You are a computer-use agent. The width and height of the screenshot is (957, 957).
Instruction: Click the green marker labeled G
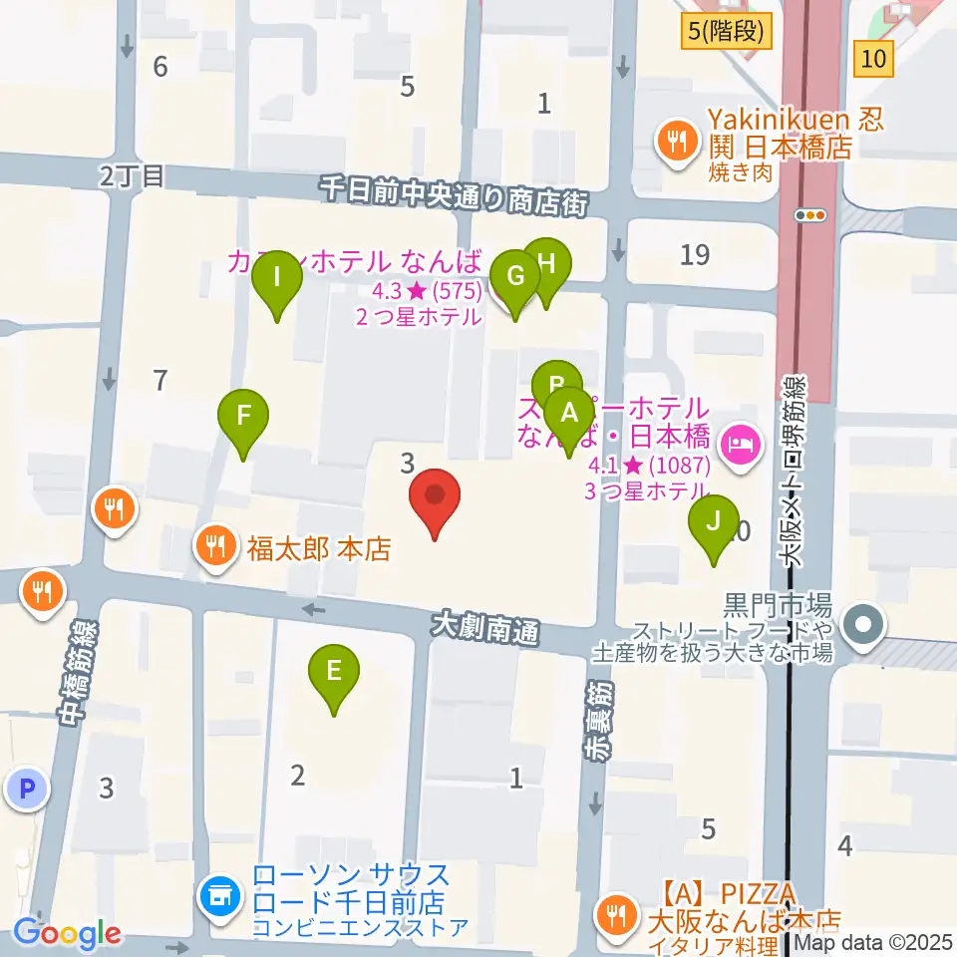pyautogui.click(x=515, y=276)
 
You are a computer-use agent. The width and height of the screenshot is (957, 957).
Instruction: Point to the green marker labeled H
pyautogui.click(x=546, y=265)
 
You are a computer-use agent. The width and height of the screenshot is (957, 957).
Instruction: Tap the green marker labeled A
pyautogui.click(x=570, y=414)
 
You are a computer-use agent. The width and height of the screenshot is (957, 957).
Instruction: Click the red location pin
pyautogui.click(x=436, y=496)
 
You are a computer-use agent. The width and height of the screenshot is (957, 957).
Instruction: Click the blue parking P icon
pyautogui.click(x=27, y=791)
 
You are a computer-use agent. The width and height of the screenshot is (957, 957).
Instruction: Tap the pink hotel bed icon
pyautogui.click(x=741, y=438)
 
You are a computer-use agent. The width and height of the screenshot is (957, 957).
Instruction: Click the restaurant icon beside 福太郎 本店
pyautogui.click(x=216, y=546)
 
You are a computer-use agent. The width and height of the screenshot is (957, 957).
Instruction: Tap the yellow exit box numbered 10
pyautogui.click(x=873, y=59)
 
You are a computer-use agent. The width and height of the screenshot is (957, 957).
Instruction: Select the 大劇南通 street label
pyautogui.click(x=484, y=627)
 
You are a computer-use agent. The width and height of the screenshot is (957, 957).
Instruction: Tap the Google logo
pyautogui.click(x=67, y=934)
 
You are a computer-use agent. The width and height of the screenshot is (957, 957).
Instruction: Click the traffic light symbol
pyautogui.click(x=810, y=214)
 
